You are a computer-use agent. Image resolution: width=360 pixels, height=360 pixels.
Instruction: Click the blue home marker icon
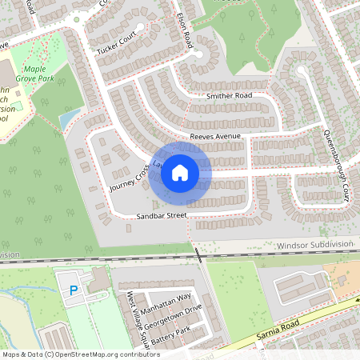tap(180, 172)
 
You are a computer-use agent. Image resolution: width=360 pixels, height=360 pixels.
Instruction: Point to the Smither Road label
tap(229, 96)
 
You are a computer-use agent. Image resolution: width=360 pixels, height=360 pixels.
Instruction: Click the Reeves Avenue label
tap(215, 137)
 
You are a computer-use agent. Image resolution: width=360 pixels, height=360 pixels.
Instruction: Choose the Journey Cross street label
tap(126, 178)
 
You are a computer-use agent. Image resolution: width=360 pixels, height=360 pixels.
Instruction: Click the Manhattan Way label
tap(166, 298)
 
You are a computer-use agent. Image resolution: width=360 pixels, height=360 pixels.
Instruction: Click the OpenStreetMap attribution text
tap(80, 354)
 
